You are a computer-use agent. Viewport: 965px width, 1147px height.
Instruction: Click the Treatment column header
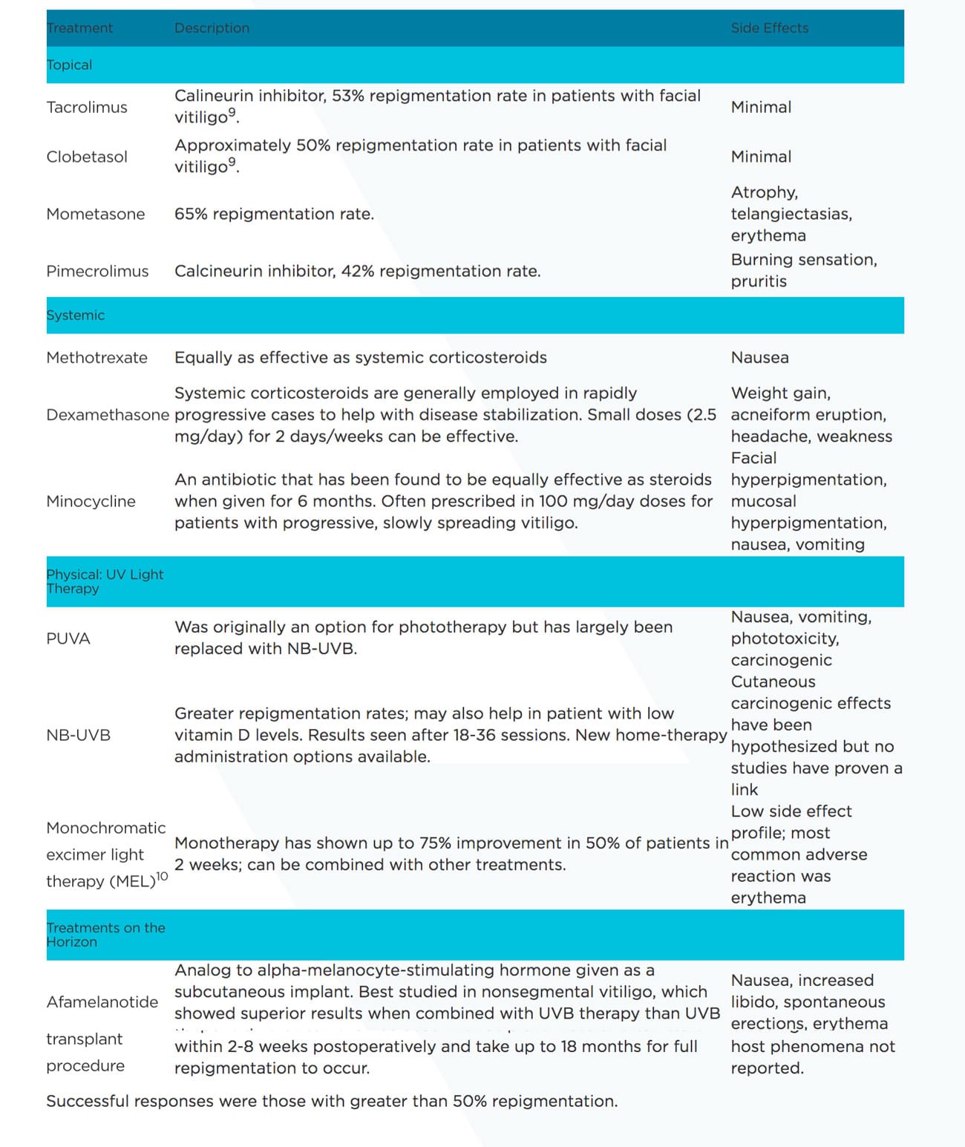click(x=79, y=28)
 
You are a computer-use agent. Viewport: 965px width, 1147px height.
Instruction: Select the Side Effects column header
click(x=769, y=28)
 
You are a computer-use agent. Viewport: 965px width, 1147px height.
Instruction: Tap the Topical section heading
click(x=69, y=65)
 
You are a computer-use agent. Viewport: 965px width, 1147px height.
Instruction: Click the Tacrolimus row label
click(x=87, y=108)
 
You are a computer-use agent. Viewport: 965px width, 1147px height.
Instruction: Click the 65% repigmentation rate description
click(x=274, y=215)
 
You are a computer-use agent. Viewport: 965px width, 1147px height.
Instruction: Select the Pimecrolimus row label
click(x=97, y=272)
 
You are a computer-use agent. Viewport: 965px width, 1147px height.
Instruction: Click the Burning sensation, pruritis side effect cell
click(x=803, y=271)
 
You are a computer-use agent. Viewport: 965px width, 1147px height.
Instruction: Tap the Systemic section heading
click(x=75, y=316)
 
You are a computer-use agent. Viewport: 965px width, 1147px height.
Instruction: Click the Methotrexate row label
click(x=96, y=358)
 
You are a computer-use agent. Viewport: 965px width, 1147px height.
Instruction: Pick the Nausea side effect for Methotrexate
click(x=759, y=358)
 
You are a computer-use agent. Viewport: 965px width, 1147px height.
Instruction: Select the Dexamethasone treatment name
click(x=108, y=415)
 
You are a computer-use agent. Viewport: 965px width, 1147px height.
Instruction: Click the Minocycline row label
click(x=91, y=502)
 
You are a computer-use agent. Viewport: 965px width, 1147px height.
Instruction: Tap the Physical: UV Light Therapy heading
click(x=105, y=581)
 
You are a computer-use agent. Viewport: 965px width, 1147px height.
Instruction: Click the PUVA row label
click(x=68, y=639)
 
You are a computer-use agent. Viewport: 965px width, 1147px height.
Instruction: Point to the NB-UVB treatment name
click(x=78, y=736)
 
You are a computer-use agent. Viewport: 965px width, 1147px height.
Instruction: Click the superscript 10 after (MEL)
click(x=162, y=877)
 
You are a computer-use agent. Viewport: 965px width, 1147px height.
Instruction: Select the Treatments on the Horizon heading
click(x=105, y=935)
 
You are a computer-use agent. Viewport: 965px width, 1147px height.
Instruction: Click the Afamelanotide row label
click(x=102, y=1002)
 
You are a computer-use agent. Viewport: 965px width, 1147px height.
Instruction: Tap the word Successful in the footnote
click(x=88, y=1102)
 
